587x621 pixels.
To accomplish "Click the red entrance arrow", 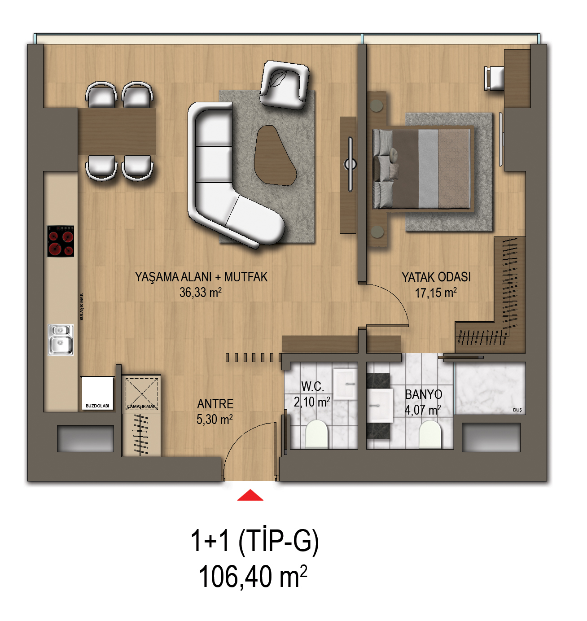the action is (250, 495).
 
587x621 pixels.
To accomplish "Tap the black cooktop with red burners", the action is (61, 241).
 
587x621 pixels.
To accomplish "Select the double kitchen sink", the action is (61, 340).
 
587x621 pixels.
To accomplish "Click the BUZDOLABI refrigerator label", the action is (97, 406).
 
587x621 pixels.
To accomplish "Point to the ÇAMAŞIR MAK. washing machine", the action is (141, 394).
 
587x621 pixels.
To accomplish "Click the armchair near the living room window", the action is (284, 85).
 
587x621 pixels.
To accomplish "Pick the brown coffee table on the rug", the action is (275, 155).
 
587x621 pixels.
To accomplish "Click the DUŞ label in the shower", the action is (517, 410).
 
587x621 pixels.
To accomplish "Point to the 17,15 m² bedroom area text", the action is (436, 293).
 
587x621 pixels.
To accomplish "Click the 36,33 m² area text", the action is (201, 293).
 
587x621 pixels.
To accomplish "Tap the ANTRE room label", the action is (215, 404).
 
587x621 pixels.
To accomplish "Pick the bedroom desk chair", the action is (494, 79).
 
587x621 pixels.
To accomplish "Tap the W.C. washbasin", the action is (345, 384).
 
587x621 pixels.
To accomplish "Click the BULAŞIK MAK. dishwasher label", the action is (81, 306).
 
